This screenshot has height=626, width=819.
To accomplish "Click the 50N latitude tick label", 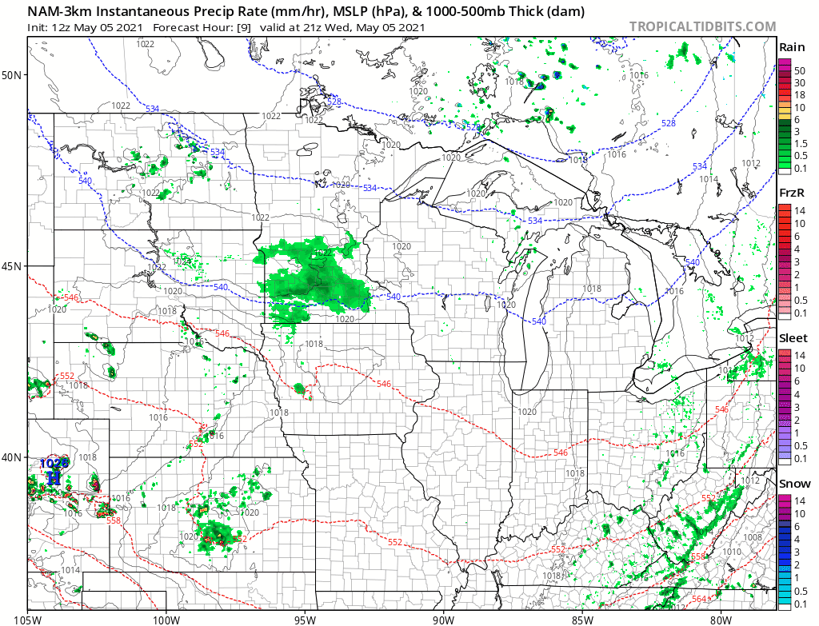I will (x=13, y=75).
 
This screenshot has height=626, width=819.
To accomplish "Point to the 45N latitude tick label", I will (x=13, y=266).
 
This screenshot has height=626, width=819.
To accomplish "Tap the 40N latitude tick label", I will (x=13, y=457).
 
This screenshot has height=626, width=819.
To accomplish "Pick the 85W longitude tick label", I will (x=582, y=618).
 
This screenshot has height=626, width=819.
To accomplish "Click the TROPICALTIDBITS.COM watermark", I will (x=702, y=26).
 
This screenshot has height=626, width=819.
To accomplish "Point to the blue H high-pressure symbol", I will (x=54, y=478).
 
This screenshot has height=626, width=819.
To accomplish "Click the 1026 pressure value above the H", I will (x=54, y=463).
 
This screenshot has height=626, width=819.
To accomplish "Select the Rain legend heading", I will (x=792, y=47).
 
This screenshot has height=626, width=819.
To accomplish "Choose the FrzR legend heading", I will (x=793, y=193).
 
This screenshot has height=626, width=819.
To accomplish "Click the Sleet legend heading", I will (x=793, y=338).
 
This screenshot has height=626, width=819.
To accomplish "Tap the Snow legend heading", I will (x=795, y=484).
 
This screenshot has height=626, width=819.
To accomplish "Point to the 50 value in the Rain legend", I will (x=799, y=71).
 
